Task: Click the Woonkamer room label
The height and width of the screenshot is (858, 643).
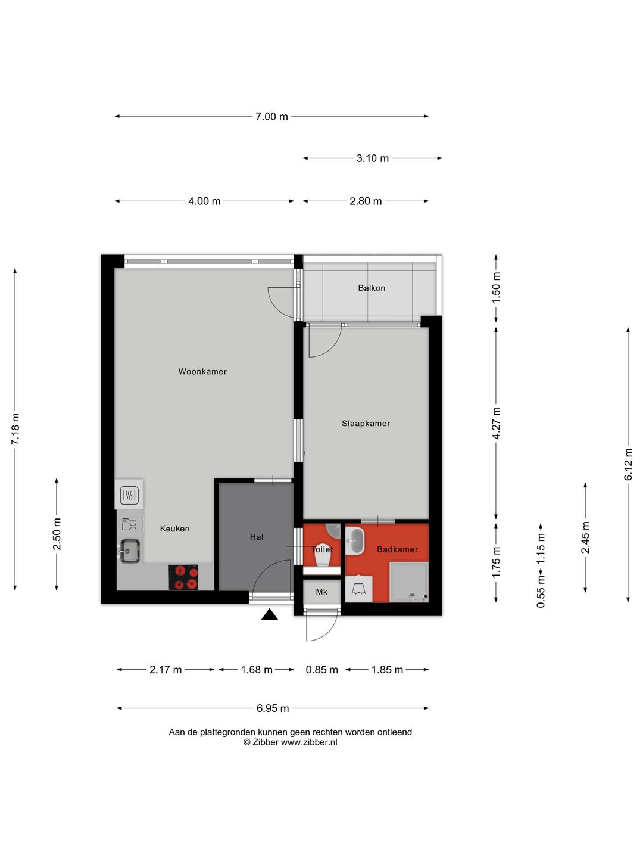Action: pyautogui.click(x=202, y=371)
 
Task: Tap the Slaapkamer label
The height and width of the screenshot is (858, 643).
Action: pyautogui.click(x=366, y=423)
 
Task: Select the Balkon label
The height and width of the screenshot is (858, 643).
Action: pyautogui.click(x=372, y=288)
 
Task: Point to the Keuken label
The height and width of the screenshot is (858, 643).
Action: pyautogui.click(x=174, y=529)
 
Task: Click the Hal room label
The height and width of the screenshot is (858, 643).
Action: pyautogui.click(x=257, y=537)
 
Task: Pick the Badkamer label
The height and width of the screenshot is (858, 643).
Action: pyautogui.click(x=397, y=549)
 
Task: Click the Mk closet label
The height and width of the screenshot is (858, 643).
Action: pyautogui.click(x=321, y=592)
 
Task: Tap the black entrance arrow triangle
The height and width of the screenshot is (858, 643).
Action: pyautogui.click(x=269, y=615)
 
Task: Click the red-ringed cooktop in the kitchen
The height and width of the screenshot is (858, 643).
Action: pyautogui.click(x=183, y=577)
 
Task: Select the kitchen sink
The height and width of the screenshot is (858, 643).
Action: pyautogui.click(x=130, y=551)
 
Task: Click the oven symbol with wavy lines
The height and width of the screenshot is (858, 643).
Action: pyautogui.click(x=129, y=496)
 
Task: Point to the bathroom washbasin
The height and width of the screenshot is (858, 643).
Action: pyautogui.click(x=354, y=540)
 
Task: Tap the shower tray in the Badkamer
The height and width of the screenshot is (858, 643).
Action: pyautogui.click(x=409, y=582)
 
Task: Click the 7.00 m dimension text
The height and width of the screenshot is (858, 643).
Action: pyautogui.click(x=271, y=116)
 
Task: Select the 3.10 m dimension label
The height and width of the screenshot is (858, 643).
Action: pyautogui.click(x=373, y=158)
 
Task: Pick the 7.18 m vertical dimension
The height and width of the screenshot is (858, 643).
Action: pyautogui.click(x=15, y=429)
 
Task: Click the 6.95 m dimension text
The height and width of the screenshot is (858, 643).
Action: pyautogui.click(x=273, y=708)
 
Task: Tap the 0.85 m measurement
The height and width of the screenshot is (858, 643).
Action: pyautogui.click(x=321, y=670)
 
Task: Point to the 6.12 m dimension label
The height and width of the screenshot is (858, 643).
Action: pyautogui.click(x=628, y=464)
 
